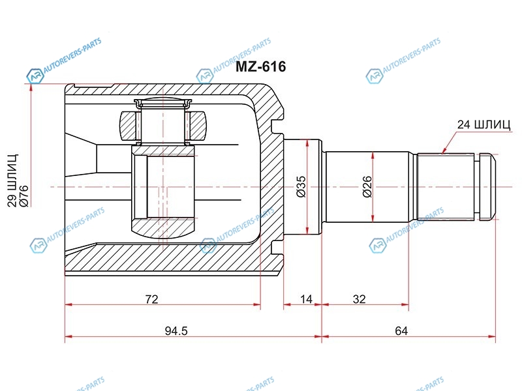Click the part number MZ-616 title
click(x=260, y=67)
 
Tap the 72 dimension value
click(x=151, y=299)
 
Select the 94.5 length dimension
click(x=176, y=331)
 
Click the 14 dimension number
click(x=306, y=299)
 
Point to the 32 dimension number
click(x=360, y=299)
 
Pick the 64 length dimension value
click(x=401, y=331)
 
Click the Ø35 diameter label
click(x=301, y=186)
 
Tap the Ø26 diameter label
click(x=367, y=186)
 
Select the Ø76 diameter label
click(x=24, y=196)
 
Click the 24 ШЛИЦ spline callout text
click(x=484, y=124)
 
